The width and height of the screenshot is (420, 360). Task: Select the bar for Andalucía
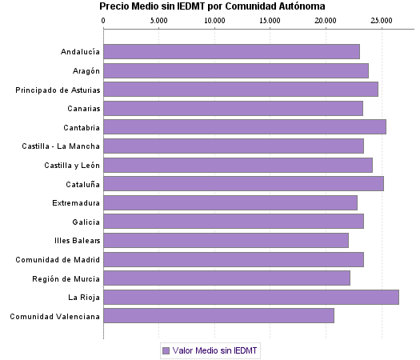(x=231, y=51)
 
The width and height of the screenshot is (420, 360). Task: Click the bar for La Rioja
(x=251, y=297)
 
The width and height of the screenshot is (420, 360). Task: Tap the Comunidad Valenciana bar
(x=218, y=316)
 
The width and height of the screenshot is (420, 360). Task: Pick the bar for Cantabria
(x=245, y=126)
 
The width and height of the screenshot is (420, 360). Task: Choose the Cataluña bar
(x=243, y=183)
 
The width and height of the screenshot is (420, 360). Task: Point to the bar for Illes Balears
(x=226, y=240)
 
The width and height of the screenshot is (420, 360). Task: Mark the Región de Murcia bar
(x=226, y=278)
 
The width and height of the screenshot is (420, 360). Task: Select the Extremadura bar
(x=230, y=202)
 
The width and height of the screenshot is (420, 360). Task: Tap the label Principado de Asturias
(x=58, y=90)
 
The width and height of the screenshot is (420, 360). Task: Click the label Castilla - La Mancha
(x=62, y=146)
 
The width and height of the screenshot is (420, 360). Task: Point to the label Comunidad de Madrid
(x=58, y=259)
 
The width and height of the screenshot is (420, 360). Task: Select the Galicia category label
(x=85, y=222)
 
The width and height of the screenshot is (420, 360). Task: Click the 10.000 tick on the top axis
(x=214, y=19)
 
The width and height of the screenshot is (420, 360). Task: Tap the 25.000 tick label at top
(x=382, y=19)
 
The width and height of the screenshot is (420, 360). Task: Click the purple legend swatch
(x=166, y=350)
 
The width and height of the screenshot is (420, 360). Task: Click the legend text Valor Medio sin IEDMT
(x=215, y=350)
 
